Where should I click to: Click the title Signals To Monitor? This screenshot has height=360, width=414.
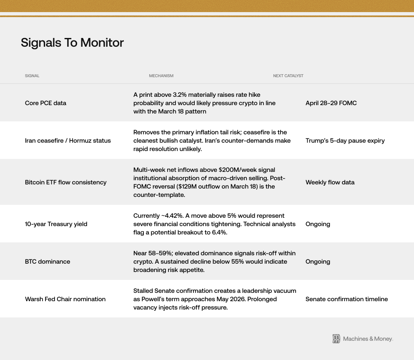coord(72,43)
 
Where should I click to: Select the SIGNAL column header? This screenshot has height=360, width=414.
coord(32,76)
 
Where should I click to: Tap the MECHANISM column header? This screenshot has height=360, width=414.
coord(161,76)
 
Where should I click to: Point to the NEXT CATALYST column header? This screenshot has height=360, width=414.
coord(288,76)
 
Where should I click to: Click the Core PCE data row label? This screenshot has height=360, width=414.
coord(45,103)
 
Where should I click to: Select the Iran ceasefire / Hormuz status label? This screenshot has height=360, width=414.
coord(68,141)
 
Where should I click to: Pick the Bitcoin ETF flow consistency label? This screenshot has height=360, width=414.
coord(65,182)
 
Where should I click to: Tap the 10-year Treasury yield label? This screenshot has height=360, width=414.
coord(56,224)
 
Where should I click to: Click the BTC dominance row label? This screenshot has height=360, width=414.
coord(48,262)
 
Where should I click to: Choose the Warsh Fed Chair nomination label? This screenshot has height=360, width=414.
coord(65,299)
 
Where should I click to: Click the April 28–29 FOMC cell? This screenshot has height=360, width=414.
coord(331,103)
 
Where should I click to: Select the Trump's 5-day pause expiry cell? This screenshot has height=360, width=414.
coord(345,141)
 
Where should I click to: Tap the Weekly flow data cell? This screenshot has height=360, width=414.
coord(330,182)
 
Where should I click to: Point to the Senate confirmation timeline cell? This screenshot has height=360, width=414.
coord(346,299)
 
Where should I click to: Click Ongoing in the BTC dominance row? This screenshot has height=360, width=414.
coord(318,262)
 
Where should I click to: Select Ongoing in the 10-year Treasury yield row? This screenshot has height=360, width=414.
coord(318,224)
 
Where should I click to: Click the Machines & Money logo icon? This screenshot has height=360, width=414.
coord(336,339)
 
